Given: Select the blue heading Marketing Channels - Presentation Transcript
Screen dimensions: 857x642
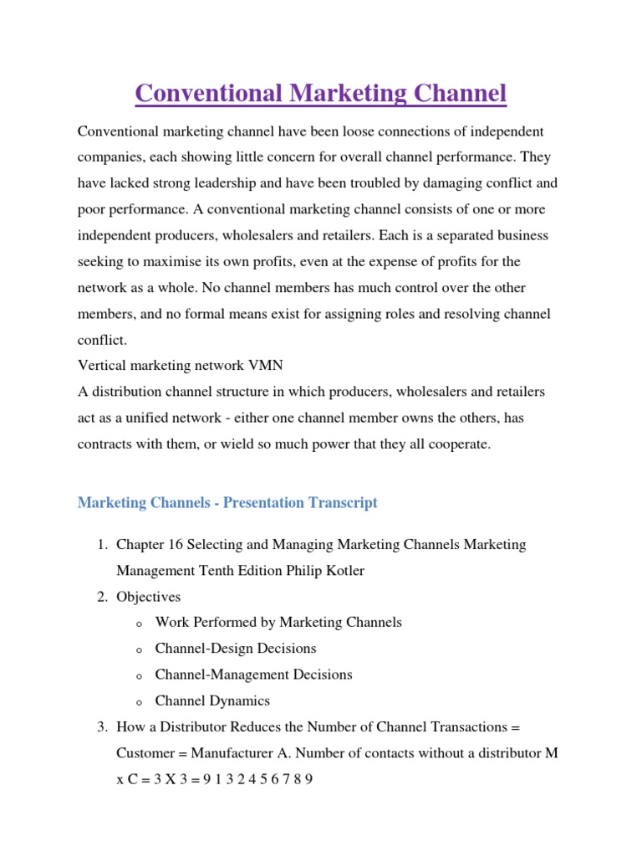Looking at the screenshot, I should click(x=227, y=503).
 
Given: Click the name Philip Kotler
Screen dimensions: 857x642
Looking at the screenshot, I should click(x=324, y=571).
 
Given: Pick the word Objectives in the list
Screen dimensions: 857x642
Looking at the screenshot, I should click(x=149, y=597).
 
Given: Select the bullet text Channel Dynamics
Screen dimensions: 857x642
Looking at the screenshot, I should click(x=212, y=701).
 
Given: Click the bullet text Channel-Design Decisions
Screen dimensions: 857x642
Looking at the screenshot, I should click(x=236, y=649).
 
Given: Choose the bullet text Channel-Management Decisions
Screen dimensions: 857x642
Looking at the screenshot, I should click(x=254, y=675).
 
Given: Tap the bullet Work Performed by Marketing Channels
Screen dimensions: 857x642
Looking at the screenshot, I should click(x=278, y=623).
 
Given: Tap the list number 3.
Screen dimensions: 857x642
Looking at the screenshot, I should click(x=99, y=727).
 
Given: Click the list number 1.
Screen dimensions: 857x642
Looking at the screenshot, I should click(x=99, y=545).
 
